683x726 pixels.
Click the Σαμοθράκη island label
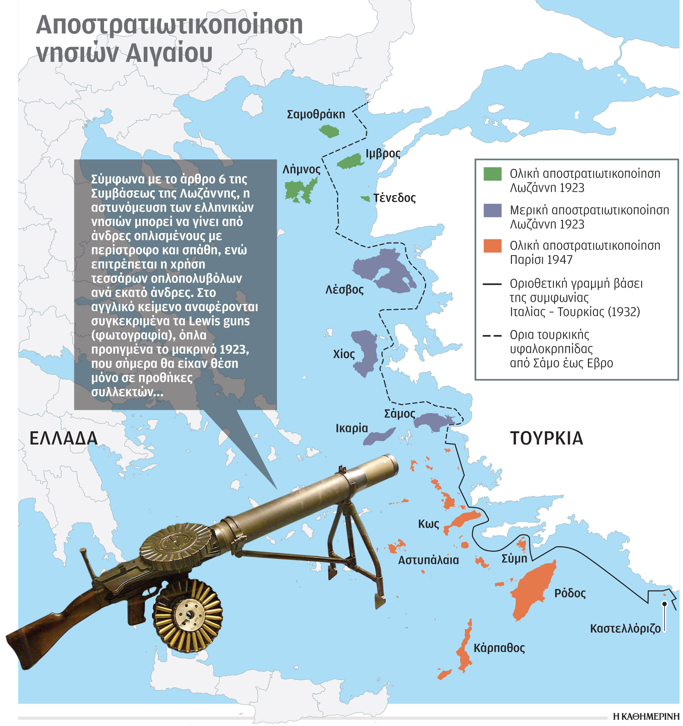point(316,114)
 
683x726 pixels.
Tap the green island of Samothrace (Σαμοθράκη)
point(329,131)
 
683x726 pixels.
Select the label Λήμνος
point(301,169)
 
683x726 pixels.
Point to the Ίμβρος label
point(383,153)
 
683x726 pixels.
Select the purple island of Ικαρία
point(379,437)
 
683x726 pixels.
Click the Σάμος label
point(400,414)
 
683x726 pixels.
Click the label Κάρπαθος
point(499,648)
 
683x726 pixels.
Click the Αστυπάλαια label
point(428,560)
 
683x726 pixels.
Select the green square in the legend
point(492,174)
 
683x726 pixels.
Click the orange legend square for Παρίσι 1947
point(492,246)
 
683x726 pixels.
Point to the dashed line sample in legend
point(492,335)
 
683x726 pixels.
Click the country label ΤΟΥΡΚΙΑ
point(546,438)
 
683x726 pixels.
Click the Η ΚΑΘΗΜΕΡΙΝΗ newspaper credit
point(645,717)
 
